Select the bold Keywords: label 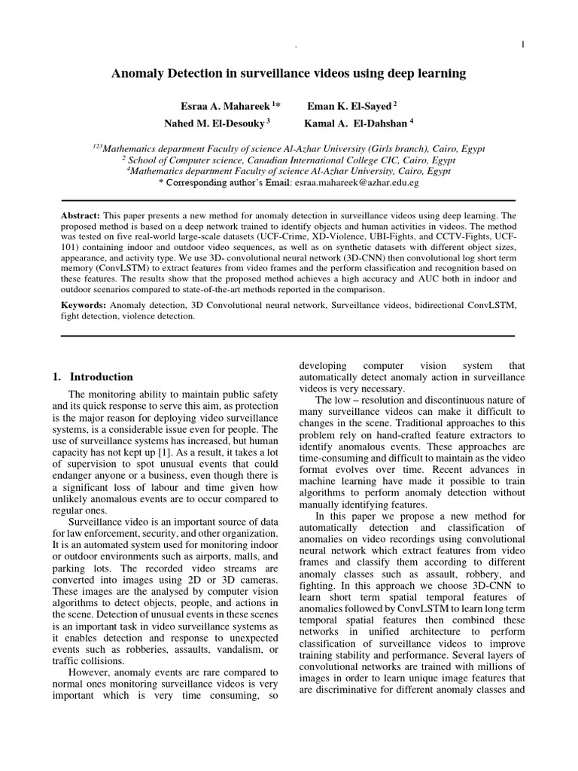(84, 306)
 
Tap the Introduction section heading (101, 376)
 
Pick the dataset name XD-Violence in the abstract (303, 237)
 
